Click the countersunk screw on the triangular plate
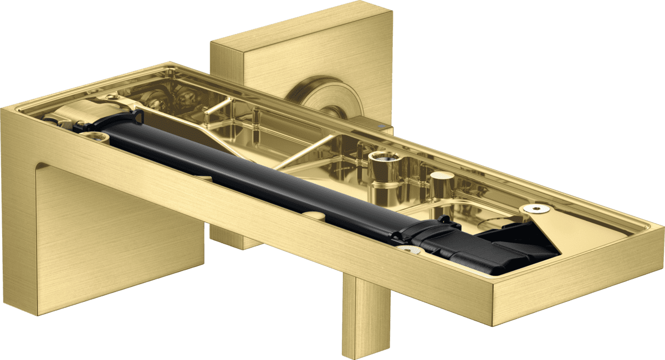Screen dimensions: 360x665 tap(535, 208)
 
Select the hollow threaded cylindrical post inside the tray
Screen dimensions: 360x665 tap(384, 164)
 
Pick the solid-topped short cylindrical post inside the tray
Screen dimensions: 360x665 tap(442, 183)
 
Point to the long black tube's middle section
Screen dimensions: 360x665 tap(266, 178)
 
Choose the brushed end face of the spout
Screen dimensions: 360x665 tap(576, 282)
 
